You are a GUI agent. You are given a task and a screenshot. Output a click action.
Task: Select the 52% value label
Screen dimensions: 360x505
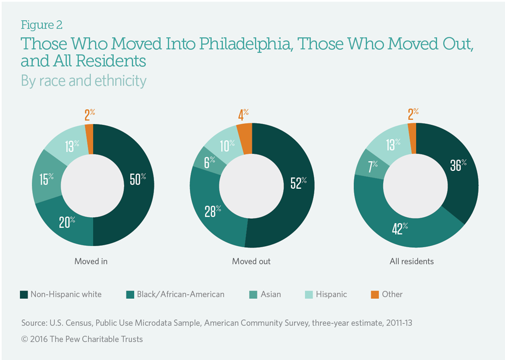tap(297, 182)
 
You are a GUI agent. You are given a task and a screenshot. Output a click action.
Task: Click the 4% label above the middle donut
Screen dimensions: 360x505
tap(243, 114)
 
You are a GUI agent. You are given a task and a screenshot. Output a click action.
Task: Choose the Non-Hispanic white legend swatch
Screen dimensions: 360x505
tap(23, 294)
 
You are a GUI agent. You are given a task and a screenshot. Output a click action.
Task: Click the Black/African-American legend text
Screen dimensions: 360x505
tap(180, 294)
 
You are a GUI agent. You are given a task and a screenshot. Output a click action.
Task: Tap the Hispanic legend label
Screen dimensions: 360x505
tap(331, 294)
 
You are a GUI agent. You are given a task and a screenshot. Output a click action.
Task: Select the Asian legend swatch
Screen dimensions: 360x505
tap(252, 294)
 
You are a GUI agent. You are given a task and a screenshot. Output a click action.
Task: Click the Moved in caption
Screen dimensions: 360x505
tap(91, 261)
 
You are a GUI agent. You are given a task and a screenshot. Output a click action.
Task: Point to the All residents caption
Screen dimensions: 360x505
tap(411, 261)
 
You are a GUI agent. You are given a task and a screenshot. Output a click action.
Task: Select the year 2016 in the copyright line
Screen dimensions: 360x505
tap(38, 339)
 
